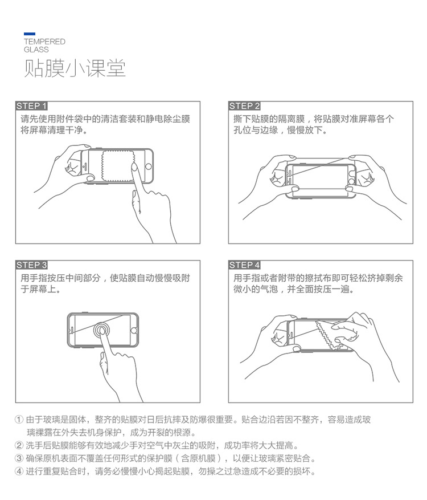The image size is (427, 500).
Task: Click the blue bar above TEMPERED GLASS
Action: click(30, 34)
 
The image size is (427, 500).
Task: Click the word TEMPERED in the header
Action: click(44, 42)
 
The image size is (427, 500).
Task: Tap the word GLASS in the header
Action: click(36, 50)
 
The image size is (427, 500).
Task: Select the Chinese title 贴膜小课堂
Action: click(75, 68)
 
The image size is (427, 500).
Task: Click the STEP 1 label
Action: click(31, 106)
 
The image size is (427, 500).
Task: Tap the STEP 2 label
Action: click(245, 106)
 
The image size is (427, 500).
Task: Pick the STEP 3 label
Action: click(31, 265)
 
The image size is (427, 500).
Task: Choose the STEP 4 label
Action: click(245, 265)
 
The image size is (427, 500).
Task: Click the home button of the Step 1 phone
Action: click(149, 166)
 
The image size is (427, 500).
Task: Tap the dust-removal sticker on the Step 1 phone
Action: click(118, 165)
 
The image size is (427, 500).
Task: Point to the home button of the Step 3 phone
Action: click(134, 330)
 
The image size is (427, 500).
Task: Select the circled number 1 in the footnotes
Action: click(19, 419)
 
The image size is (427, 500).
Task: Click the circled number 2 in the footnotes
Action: click(19, 445)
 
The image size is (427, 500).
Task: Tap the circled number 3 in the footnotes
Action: click(19, 458)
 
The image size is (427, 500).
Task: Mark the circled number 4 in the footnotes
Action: click(19, 471)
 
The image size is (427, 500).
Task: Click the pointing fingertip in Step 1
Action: click(134, 167)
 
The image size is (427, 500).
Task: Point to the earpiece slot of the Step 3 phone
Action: click(72, 330)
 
